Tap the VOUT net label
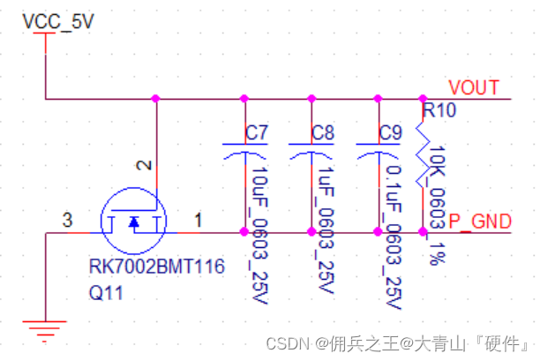pos(474,87)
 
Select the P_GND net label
pos(479,221)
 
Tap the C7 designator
pos(257,133)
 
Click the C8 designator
pos(323,133)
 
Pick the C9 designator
pos(390,133)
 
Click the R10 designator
pos(438,112)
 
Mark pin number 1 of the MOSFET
pos(198,219)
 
